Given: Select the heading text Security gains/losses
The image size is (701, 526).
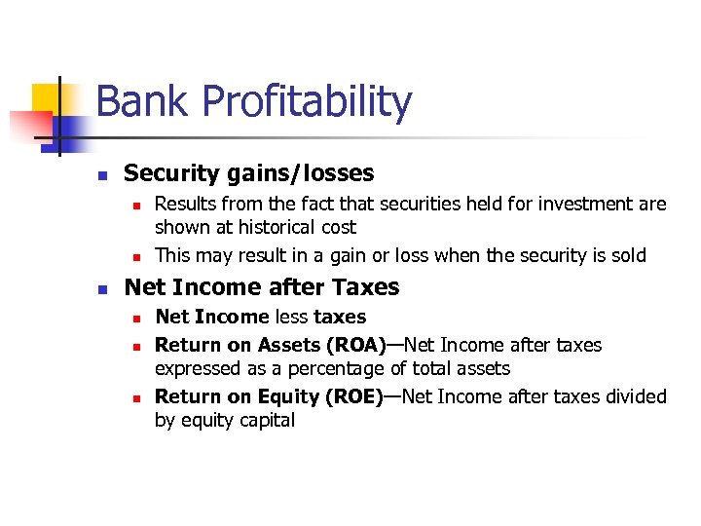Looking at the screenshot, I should coord(248,173).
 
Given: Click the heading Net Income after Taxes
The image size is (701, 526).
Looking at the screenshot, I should coord(262,287).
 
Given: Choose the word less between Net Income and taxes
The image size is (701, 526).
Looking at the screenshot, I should coord(291,317).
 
